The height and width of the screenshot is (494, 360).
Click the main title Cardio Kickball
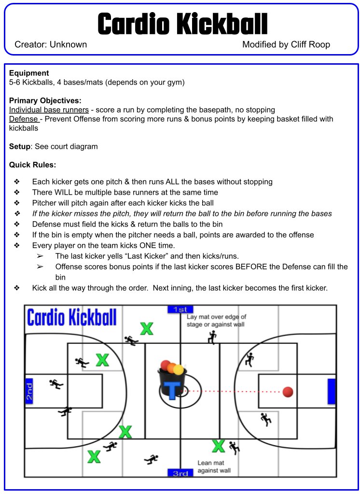182,24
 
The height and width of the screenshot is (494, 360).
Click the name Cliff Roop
310,45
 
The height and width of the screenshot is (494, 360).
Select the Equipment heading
29,73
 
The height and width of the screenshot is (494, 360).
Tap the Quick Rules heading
32,165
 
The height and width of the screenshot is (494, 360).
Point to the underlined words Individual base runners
49,110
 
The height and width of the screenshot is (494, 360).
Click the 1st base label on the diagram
180,309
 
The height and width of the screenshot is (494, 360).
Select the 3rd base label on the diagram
180,473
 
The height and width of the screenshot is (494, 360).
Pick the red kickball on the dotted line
288,392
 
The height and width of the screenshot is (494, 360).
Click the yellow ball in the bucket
179,370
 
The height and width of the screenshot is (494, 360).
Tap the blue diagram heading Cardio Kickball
72,318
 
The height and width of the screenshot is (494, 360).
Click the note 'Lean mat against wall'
214,466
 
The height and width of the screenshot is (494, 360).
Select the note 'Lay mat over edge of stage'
216,321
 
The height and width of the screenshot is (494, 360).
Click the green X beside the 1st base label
147,329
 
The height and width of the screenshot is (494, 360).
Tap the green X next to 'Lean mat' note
218,446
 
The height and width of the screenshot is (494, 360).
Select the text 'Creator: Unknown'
51,45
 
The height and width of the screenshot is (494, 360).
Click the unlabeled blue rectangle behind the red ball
331,392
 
